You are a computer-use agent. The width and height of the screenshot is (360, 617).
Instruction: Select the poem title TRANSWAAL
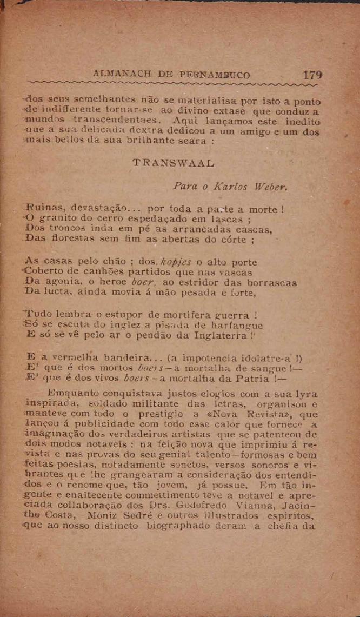pos(174,162)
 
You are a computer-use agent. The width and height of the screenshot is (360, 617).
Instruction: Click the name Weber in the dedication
pos(251,187)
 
